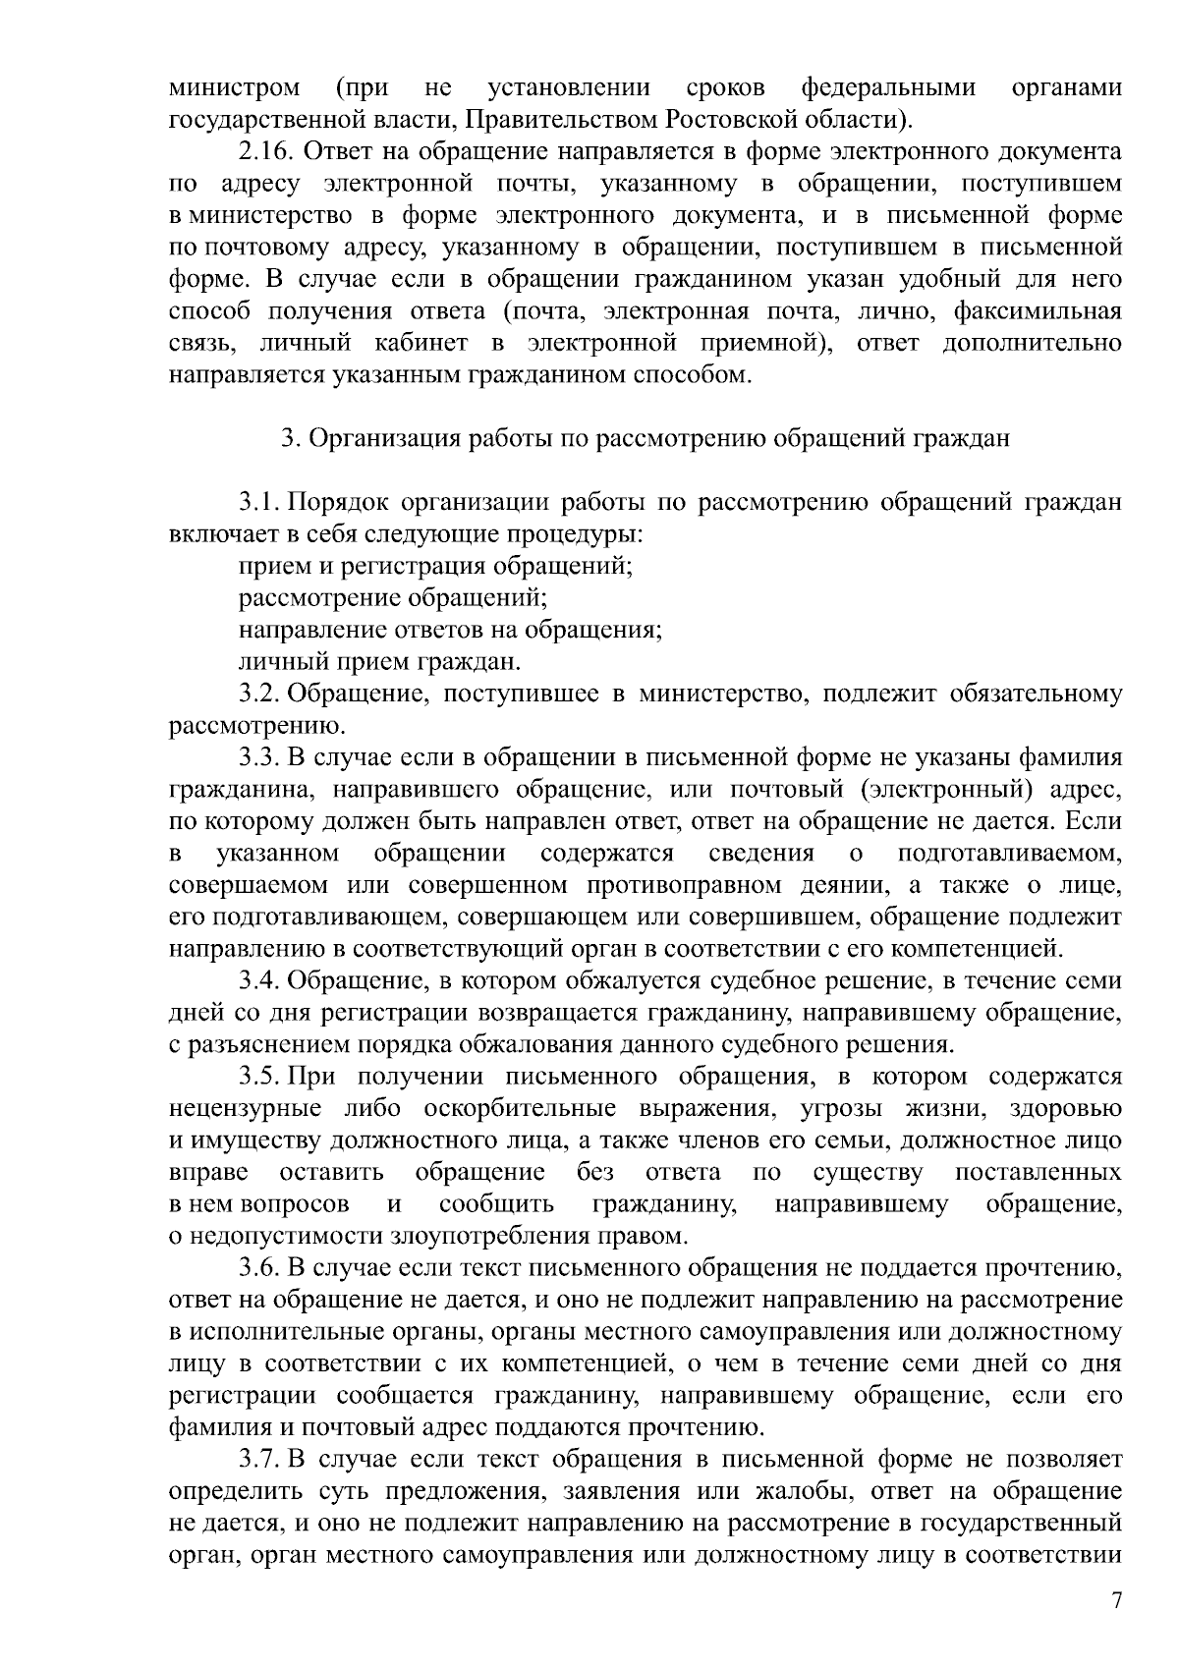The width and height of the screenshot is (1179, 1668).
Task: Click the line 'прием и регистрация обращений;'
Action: click(434, 567)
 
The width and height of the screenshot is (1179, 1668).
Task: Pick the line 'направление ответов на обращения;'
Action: click(450, 630)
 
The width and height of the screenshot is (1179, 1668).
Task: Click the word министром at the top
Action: click(235, 88)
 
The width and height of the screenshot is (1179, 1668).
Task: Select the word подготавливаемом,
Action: click(1009, 852)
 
